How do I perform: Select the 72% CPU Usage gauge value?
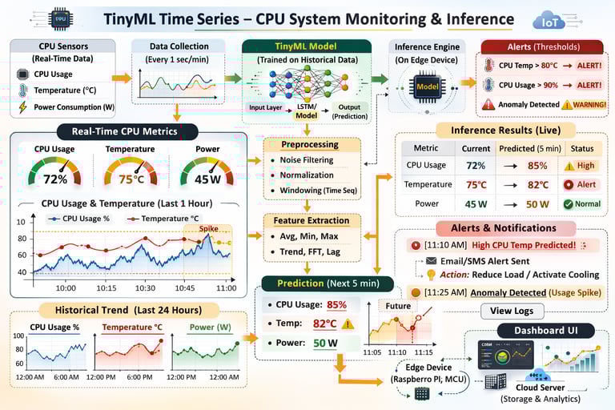coord(54,179)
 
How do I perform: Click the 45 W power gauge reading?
coord(207,179)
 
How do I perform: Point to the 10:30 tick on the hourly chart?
coord(145,287)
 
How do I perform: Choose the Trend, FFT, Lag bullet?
coord(311,252)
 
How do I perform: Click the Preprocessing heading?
coord(309,145)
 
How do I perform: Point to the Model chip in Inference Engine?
coord(427,86)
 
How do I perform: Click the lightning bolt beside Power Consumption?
coord(22,107)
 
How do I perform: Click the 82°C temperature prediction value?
coord(324,324)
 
